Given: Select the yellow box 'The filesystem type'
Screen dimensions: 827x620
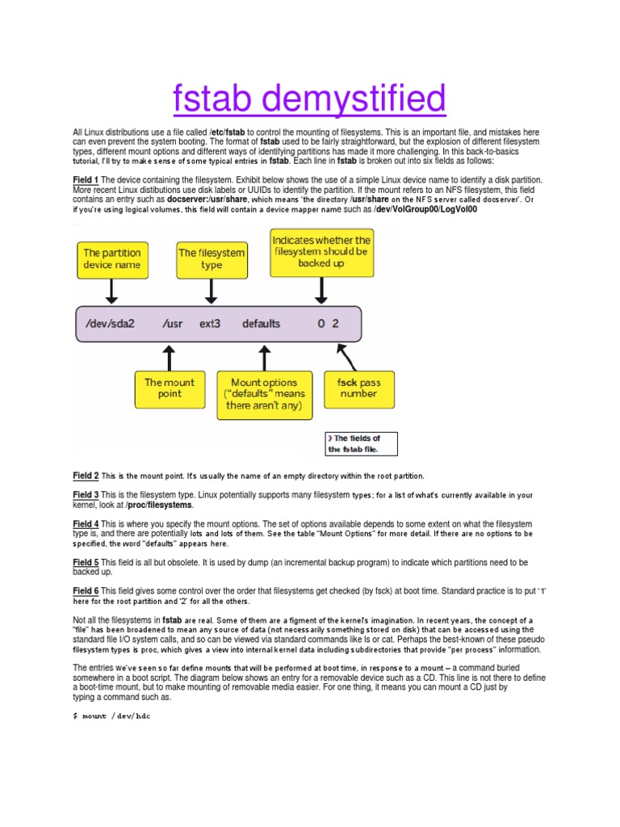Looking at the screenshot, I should point(212,259).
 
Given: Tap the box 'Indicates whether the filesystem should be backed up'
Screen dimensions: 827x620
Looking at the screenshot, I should point(321,251).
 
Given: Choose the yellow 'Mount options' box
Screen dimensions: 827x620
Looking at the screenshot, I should point(264,394).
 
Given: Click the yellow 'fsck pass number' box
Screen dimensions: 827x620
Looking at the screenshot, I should point(358,388).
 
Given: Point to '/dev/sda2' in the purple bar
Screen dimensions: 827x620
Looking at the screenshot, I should point(110,324).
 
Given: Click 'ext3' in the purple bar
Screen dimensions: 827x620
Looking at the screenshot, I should point(209,324).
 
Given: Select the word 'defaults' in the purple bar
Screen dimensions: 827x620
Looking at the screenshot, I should point(261,324).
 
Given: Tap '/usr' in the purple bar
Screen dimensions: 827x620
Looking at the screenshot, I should point(172,324).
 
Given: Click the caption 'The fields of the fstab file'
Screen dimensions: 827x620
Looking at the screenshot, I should point(361,443).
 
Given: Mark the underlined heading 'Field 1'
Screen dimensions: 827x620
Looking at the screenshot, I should point(86,179).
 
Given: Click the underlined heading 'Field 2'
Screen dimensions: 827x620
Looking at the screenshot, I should point(86,476).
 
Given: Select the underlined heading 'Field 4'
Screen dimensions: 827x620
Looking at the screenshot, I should point(86,523).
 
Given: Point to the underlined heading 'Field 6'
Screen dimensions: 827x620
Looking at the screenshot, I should point(86,591).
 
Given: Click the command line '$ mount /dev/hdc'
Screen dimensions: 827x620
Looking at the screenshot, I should point(111,716).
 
